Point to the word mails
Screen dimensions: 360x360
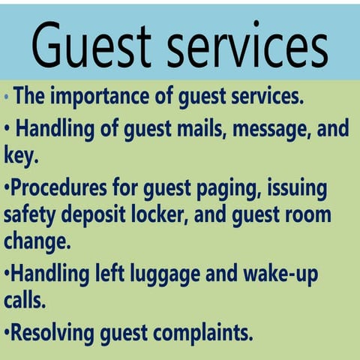pyautogui.click(x=200, y=128)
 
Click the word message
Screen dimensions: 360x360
pyautogui.click(x=272, y=128)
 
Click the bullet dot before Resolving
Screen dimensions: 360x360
pyautogui.click(x=7, y=332)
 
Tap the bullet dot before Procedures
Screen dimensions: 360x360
pyautogui.click(x=7, y=188)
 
